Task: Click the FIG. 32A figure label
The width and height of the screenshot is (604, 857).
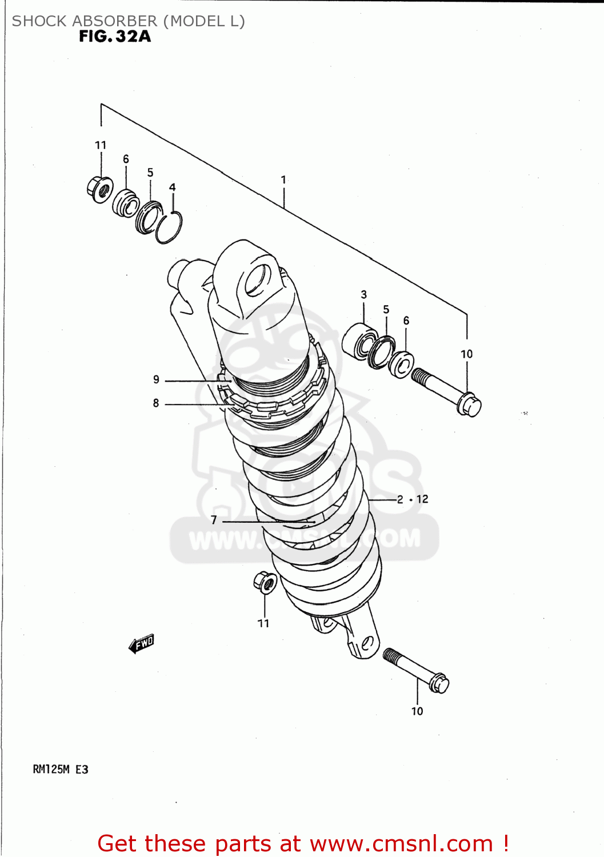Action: (x=115, y=37)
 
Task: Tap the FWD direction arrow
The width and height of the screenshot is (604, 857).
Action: (x=141, y=643)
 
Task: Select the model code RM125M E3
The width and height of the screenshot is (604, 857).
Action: (x=61, y=769)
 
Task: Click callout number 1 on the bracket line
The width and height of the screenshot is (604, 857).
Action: (x=283, y=179)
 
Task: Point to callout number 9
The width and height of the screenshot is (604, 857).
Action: (x=156, y=379)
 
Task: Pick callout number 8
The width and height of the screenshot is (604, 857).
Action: (x=156, y=403)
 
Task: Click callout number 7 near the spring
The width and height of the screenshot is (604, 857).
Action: (x=214, y=520)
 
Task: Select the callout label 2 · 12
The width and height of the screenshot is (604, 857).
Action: (x=413, y=499)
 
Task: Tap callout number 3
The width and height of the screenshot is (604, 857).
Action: (x=364, y=295)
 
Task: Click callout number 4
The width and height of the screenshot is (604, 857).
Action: (x=172, y=187)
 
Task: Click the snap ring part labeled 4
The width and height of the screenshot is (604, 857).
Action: (x=169, y=227)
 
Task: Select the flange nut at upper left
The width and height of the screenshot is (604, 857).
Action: (x=100, y=189)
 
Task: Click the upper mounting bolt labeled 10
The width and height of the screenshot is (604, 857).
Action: (x=447, y=391)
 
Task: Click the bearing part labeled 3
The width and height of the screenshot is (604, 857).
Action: (x=358, y=341)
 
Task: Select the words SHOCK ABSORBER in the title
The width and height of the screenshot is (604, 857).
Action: (x=84, y=21)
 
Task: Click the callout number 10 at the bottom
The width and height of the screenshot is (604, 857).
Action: (x=417, y=711)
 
